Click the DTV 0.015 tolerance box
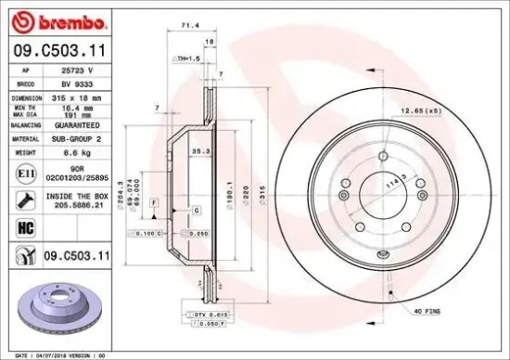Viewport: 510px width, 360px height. [213, 315]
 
